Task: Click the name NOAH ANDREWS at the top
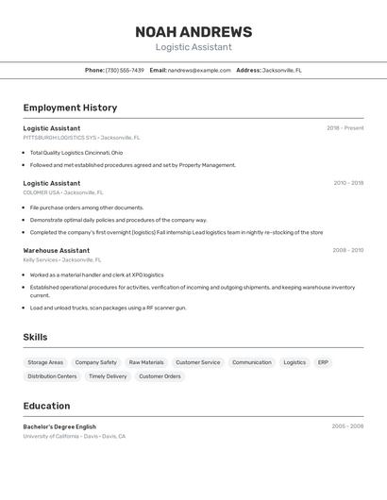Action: [x=193, y=32]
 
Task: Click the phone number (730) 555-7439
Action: [x=125, y=70]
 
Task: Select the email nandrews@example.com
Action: [x=199, y=70]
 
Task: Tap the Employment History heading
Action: [x=70, y=108]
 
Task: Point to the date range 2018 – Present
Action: [x=345, y=128]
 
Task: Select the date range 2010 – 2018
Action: [x=348, y=183]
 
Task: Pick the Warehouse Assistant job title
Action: [x=57, y=250]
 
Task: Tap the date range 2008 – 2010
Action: [x=347, y=250]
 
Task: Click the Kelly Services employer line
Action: [x=62, y=258]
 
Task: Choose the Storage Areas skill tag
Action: [x=45, y=362]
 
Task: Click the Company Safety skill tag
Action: [x=96, y=362]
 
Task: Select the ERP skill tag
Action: [x=323, y=362]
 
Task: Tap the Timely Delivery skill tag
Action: [x=108, y=376]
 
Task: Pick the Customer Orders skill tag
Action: [x=160, y=376]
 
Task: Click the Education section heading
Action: [x=47, y=406]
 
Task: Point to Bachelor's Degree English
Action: [x=59, y=426]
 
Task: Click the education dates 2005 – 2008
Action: [x=347, y=426]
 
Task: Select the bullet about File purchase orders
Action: [x=87, y=207]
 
